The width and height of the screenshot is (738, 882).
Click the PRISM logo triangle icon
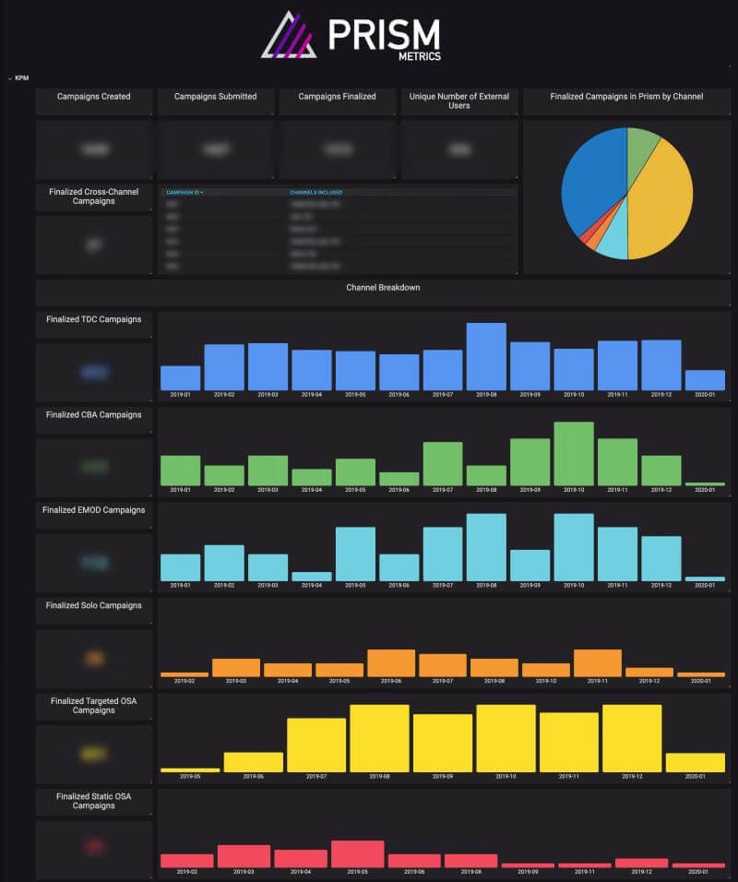point(289,36)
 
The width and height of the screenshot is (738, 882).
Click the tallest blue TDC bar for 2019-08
point(486,356)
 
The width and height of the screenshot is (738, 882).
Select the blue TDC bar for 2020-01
point(705,380)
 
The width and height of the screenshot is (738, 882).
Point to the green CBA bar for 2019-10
point(574,454)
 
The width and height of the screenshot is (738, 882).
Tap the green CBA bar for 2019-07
point(443,463)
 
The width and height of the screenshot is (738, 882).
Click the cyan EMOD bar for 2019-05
point(355,554)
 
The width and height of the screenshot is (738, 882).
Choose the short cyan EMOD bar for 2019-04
point(312,576)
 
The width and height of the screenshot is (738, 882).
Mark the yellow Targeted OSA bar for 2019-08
point(379,738)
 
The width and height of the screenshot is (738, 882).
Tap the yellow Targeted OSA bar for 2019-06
point(253,762)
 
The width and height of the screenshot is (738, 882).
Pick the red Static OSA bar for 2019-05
point(357,853)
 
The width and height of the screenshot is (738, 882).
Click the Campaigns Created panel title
point(93,97)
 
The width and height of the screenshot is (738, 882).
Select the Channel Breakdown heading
point(383,288)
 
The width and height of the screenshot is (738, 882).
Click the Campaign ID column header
point(184,193)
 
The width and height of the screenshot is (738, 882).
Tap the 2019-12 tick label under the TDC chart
point(661,394)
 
